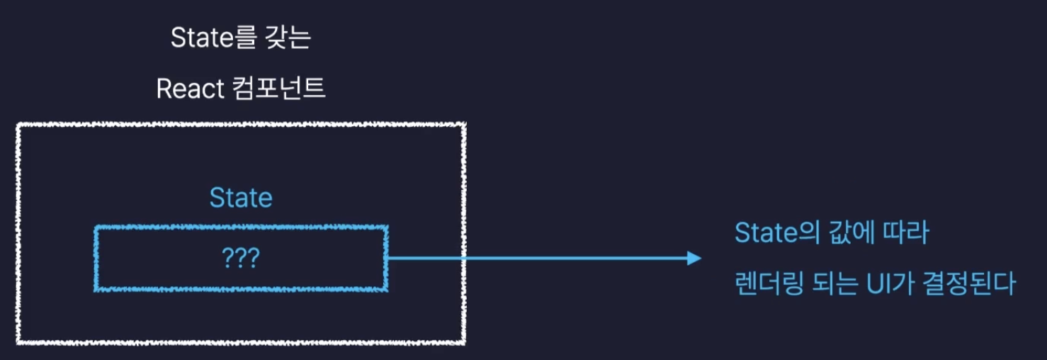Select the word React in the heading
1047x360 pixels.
point(188,89)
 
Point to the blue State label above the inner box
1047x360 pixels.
point(241,198)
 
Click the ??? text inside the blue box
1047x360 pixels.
point(241,259)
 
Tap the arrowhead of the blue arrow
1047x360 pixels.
point(694,258)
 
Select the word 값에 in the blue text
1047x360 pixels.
point(840,233)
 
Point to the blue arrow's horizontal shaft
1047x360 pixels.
point(538,258)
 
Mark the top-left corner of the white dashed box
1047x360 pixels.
point(18,125)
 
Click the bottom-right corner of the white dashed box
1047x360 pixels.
point(465,343)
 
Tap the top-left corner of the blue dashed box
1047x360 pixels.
point(96,227)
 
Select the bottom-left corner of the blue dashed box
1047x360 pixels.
point(96,289)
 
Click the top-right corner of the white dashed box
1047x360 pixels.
point(465,125)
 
